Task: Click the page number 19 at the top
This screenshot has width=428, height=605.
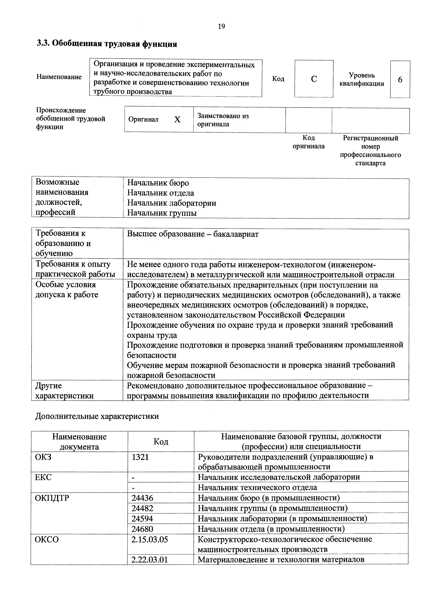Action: click(x=221, y=26)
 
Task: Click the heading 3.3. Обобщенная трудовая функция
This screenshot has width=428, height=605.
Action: click(x=107, y=44)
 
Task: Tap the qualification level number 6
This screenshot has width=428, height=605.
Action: click(x=400, y=80)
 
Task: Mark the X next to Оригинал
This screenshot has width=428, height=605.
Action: click(x=177, y=120)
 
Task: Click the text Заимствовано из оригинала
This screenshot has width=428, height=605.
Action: click(x=223, y=120)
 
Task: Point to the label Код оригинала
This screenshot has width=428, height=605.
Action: click(x=308, y=142)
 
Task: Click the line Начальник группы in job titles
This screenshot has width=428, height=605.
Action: click(x=162, y=213)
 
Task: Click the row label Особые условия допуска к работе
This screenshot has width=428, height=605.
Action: click(x=67, y=290)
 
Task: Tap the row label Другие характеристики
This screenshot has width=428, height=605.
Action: click(x=64, y=391)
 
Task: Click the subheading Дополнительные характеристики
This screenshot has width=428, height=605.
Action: click(x=97, y=416)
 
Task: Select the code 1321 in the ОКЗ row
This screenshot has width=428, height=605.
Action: click(x=140, y=457)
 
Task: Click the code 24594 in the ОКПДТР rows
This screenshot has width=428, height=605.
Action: click(x=142, y=519)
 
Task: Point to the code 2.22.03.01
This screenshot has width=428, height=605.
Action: click(x=149, y=559)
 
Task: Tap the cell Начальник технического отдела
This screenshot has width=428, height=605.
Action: click(x=257, y=488)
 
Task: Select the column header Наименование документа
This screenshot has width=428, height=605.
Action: click(x=79, y=442)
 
